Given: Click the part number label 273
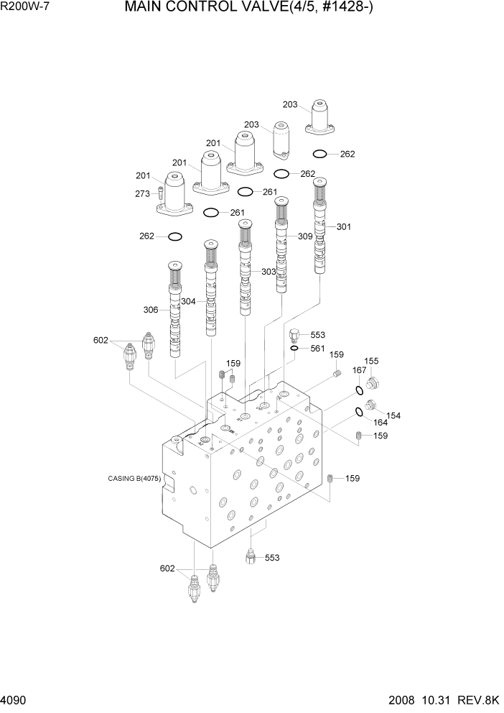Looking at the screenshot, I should tap(142, 193).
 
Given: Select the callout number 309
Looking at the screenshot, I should tap(305, 236).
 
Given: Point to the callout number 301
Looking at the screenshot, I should tap(344, 227).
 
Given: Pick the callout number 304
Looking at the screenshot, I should tap(188, 301).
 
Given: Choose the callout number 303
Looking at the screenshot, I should tap(268, 272).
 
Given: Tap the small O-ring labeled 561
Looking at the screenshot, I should tap(294, 349).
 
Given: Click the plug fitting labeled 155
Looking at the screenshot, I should tap(373, 382).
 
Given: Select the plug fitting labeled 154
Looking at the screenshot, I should tap(371, 407).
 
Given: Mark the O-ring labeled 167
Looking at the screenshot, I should tap(358, 391).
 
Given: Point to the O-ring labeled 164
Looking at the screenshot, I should tap(358, 413).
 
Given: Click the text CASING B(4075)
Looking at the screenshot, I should tap(134, 479).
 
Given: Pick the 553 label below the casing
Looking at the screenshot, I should tap(272, 557).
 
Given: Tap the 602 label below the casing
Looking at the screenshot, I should tap(167, 569).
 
